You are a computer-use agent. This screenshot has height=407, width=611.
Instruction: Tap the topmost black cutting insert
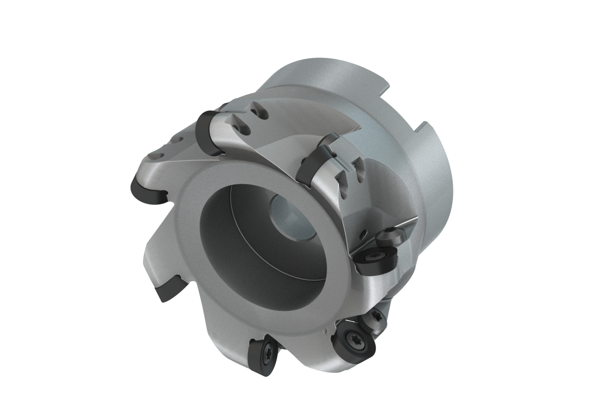[x=207, y=132]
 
